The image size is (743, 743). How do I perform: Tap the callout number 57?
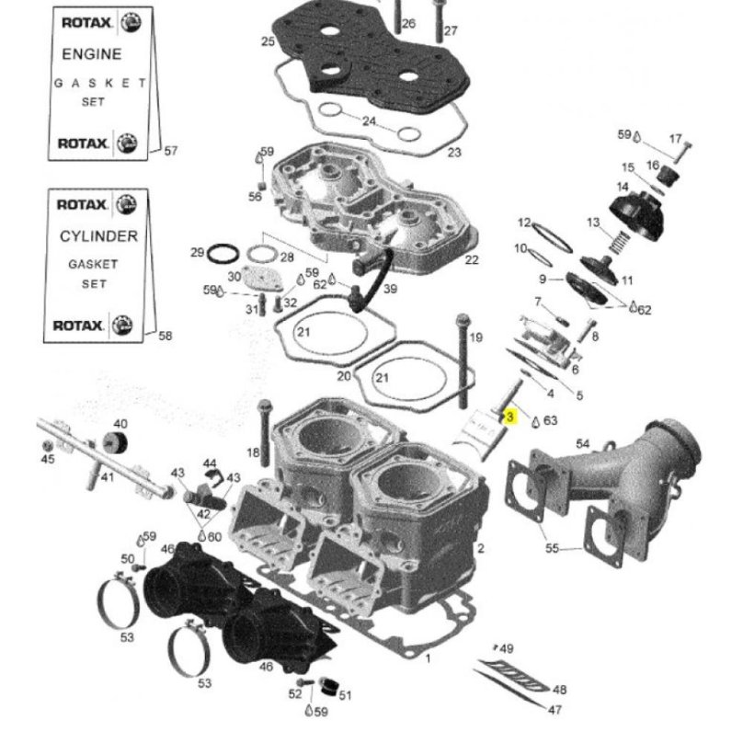pyautogui.click(x=171, y=152)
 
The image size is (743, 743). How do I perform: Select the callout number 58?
pyautogui.click(x=166, y=337)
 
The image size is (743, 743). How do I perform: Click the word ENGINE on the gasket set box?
pyautogui.click(x=92, y=55)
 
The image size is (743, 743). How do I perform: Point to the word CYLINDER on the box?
pyautogui.click(x=98, y=236)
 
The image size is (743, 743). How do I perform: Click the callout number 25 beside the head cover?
pyautogui.click(x=268, y=41)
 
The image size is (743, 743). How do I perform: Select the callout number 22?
pyautogui.click(x=472, y=260)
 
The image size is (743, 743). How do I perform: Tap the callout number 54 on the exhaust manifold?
pyautogui.click(x=582, y=445)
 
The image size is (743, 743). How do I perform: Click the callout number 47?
pyautogui.click(x=555, y=710)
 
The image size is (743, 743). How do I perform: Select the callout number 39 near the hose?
pyautogui.click(x=390, y=289)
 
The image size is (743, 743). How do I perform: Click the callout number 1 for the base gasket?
pyautogui.click(x=427, y=658)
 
